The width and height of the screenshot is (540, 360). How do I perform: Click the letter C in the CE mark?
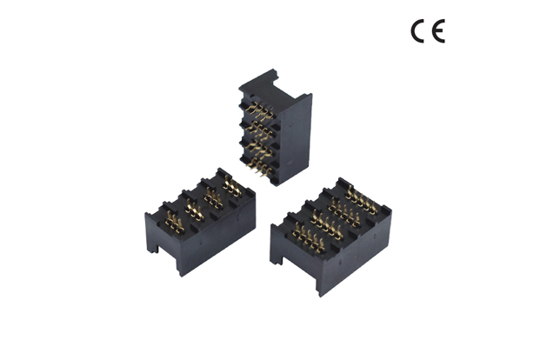coord(418,32)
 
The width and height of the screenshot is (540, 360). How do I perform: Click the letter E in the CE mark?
coord(437,32)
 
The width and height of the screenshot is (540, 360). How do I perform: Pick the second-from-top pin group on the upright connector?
coord(258,130)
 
